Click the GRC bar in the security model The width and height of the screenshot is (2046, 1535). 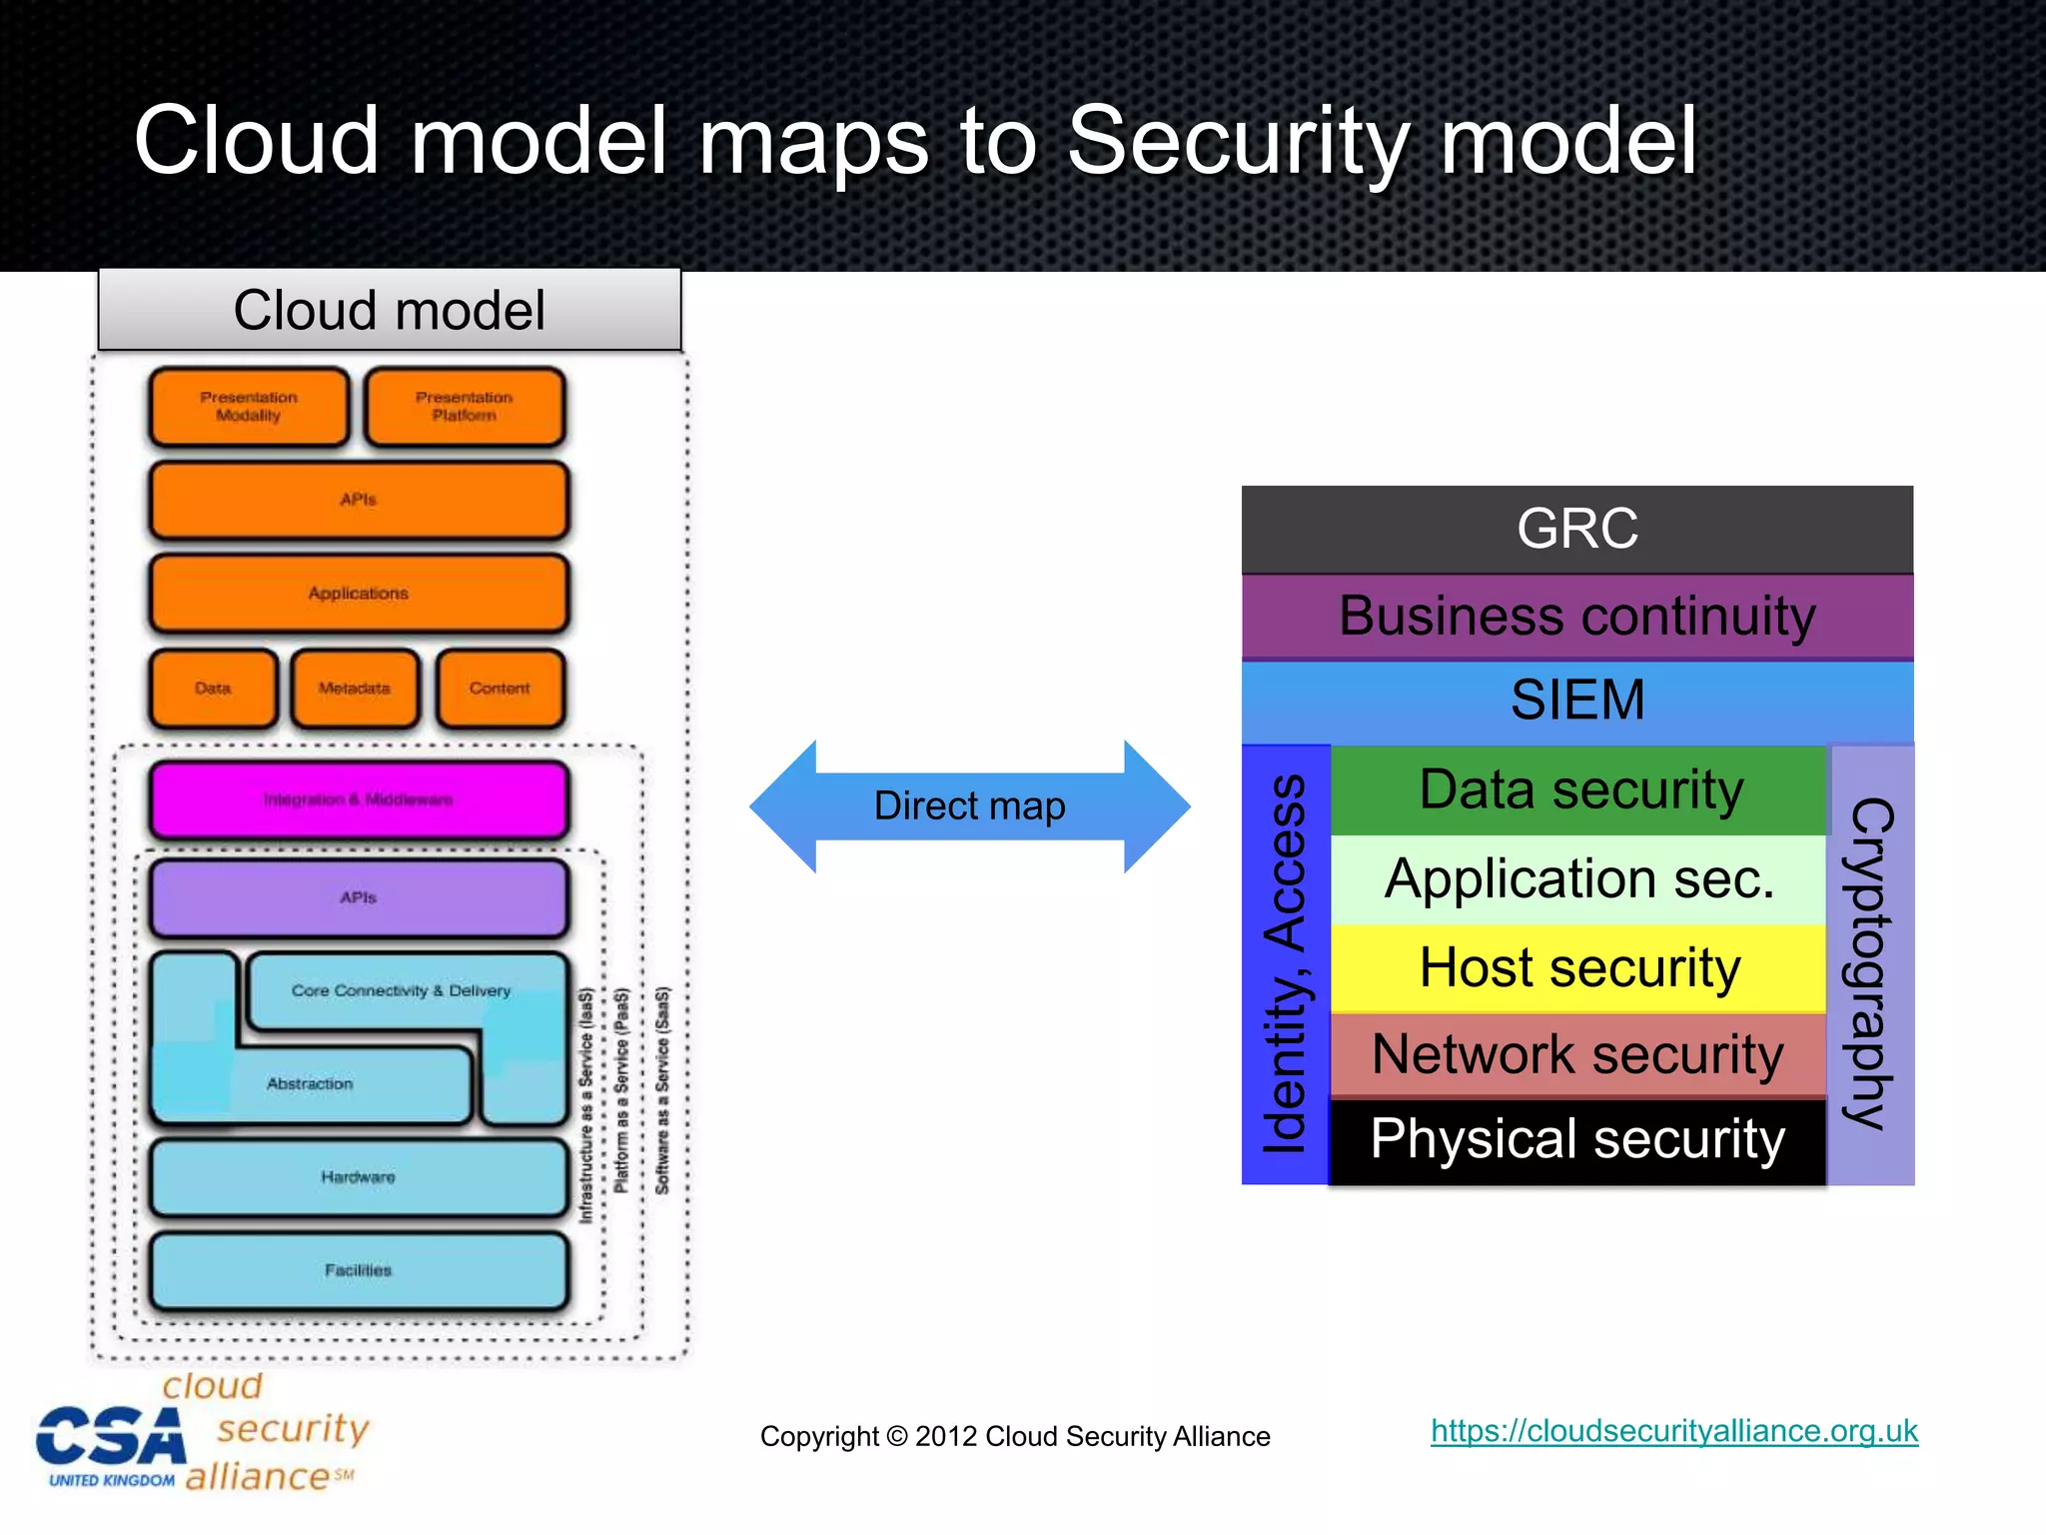pyautogui.click(x=1576, y=529)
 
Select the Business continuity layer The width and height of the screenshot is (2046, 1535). pyautogui.click(x=1576, y=616)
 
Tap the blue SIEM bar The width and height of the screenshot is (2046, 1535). pyautogui.click(x=1576, y=700)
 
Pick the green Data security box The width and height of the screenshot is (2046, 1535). pyautogui.click(x=1578, y=789)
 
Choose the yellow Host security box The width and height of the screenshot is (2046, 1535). pyautogui.click(x=1578, y=967)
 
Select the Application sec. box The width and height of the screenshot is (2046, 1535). pyautogui.click(x=1578, y=879)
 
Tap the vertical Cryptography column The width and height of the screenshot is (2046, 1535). pyautogui.click(x=1870, y=964)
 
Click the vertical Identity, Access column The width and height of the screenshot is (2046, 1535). pyautogui.click(x=1285, y=964)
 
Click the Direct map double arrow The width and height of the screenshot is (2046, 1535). pyautogui.click(x=969, y=805)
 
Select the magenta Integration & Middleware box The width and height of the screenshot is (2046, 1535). pyautogui.click(x=359, y=799)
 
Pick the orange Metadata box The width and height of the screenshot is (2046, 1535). pyautogui.click(x=355, y=689)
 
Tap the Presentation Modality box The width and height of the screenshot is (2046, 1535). pyautogui.click(x=249, y=407)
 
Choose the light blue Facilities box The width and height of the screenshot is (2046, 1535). pyautogui.click(x=359, y=1270)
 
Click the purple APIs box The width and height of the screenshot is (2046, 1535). pyautogui.click(x=359, y=897)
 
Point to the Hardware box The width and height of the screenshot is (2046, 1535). pyautogui.click(x=359, y=1177)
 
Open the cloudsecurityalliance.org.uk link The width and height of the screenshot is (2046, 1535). pyautogui.click(x=1673, y=1431)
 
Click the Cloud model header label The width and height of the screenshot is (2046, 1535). pyautogui.click(x=390, y=310)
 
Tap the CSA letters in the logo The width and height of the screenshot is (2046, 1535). pyautogui.click(x=111, y=1438)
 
